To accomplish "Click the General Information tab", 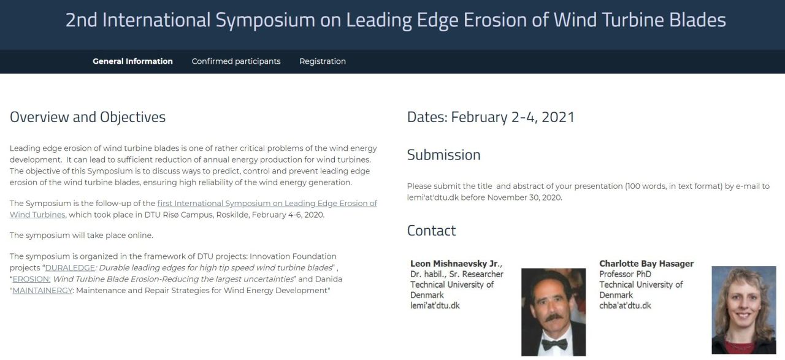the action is point(132,61).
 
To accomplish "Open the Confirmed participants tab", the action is point(236,61).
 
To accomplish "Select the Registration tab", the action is point(323,61).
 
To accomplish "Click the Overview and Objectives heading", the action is point(88,117).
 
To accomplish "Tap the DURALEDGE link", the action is point(70,268).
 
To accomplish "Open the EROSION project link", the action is point(31,280).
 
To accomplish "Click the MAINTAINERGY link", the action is point(42,291).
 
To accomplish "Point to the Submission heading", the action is point(443,155).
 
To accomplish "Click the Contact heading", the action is point(431,231).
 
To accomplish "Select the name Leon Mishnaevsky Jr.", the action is point(456,264).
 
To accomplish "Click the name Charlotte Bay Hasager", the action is point(646,264).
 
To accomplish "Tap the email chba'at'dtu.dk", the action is point(625,305).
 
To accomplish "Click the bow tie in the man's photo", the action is point(554,344).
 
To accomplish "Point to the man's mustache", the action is point(554,318).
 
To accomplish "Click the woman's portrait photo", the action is point(744,310).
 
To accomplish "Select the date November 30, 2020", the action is point(524,197).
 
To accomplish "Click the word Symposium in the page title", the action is point(266,20).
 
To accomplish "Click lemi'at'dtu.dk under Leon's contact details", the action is point(435,305).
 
